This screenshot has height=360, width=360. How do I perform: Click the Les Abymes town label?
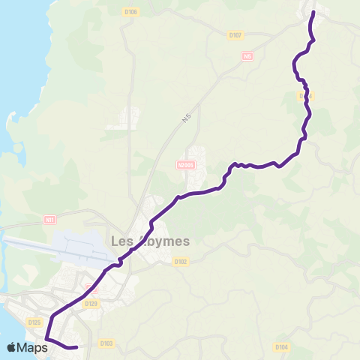click(x=150, y=241)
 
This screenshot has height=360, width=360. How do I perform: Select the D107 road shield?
click(x=235, y=34)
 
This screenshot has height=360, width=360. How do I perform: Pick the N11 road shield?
click(x=50, y=220)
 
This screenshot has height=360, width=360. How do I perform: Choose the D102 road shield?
click(x=180, y=262)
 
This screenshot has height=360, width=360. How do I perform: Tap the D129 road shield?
click(x=91, y=303)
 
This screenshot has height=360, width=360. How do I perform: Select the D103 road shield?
click(x=106, y=343)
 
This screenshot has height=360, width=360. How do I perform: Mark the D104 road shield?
click(x=281, y=346)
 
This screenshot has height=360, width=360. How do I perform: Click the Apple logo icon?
click(x=11, y=346)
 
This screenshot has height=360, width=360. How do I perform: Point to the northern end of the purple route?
click(x=313, y=12)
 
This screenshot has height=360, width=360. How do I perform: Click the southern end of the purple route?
click(x=76, y=347)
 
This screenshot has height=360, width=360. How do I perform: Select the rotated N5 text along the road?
click(x=185, y=120)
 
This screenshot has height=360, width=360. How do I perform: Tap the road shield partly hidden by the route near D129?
click(x=91, y=288)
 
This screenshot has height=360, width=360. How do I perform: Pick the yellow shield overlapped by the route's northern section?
click(x=304, y=96)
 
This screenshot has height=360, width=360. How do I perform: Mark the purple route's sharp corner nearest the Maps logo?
click(x=46, y=339)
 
